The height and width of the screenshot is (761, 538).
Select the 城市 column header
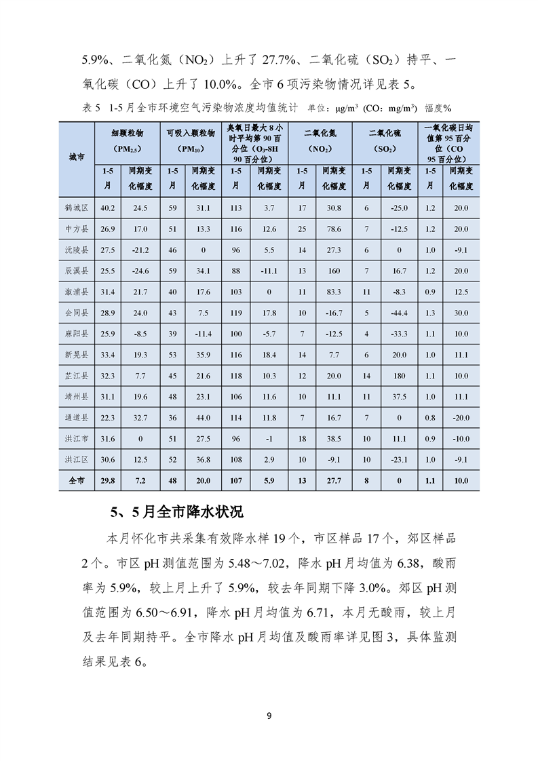(x=76, y=158)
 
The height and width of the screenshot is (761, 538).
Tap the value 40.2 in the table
(x=107, y=208)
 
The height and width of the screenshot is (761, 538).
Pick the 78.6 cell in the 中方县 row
(x=334, y=229)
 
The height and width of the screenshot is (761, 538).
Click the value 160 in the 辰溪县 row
(x=334, y=271)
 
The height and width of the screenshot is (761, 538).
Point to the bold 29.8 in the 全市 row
(x=107, y=481)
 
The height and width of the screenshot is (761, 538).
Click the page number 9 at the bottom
(x=269, y=716)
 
